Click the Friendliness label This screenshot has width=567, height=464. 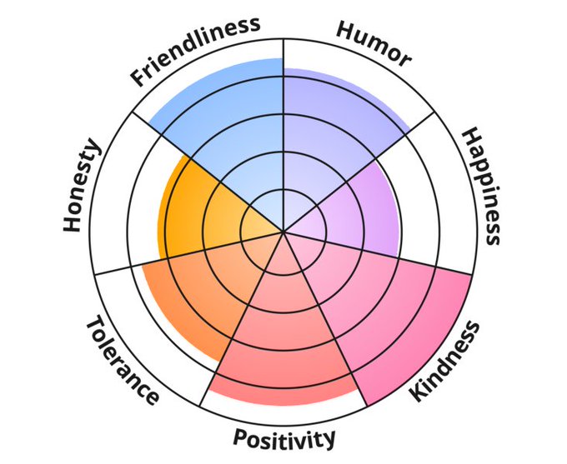pos(196,50)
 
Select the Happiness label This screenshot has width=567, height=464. pos(483,186)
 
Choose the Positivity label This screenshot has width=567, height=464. pos(284,437)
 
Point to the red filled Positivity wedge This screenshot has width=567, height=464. pos(283,342)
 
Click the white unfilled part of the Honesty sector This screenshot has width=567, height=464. pos(125,200)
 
